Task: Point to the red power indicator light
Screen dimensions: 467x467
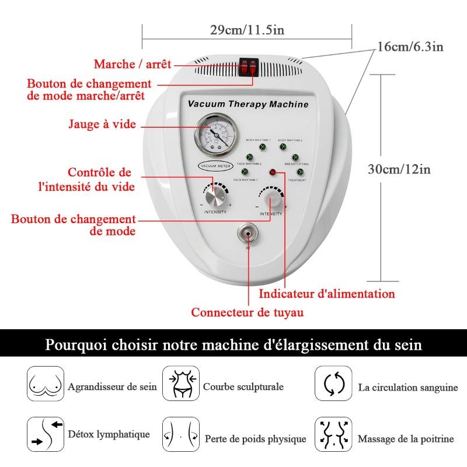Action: (272, 172)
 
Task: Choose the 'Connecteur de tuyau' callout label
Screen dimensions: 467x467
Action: (248, 312)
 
